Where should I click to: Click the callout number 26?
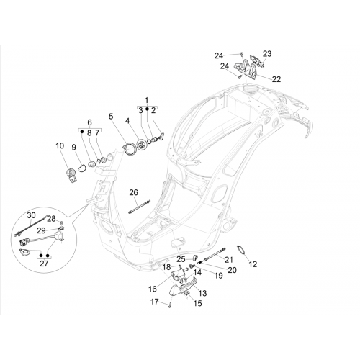coord(134,192)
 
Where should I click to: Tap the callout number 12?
coord(253,264)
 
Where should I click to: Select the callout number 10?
coord(60,145)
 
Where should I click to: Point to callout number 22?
coord(276,79)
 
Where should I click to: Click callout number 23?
coord(267,54)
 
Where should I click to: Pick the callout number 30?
coord(31,215)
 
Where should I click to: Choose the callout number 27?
coord(44,264)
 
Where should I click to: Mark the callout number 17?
coord(155,302)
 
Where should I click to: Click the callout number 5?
coord(111,117)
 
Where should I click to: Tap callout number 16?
coord(153,289)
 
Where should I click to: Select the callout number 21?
coord(229,259)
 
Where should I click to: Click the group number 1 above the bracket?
coord(146,100)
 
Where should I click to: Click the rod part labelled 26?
coord(139,207)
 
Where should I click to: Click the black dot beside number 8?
coord(82,132)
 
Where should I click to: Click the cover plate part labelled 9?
coord(83,167)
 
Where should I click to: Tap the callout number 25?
coord(181,259)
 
